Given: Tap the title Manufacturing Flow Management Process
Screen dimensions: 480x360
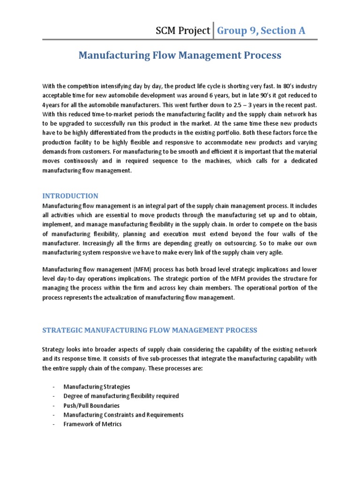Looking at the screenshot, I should point(180,55).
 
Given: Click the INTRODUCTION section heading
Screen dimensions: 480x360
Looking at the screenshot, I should point(70,196).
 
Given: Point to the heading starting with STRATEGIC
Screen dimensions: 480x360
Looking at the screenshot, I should point(150,330).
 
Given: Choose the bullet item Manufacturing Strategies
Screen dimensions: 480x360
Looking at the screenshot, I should point(97,387).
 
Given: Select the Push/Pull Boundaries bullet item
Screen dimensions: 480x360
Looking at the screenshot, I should point(91,405).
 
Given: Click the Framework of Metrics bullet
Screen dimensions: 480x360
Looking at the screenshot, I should point(92,424).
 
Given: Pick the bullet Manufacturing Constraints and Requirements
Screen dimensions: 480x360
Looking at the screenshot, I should point(123,415).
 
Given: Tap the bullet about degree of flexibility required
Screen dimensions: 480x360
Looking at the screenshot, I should point(121,396).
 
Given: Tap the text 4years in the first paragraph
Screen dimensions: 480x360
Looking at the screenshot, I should point(52,105).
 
